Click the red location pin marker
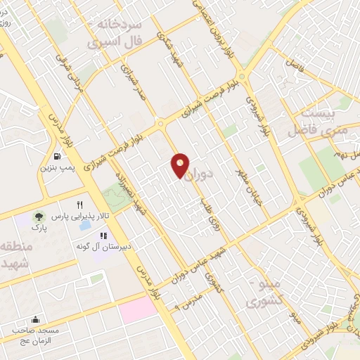click(181, 165)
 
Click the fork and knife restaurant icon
click(89, 204)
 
